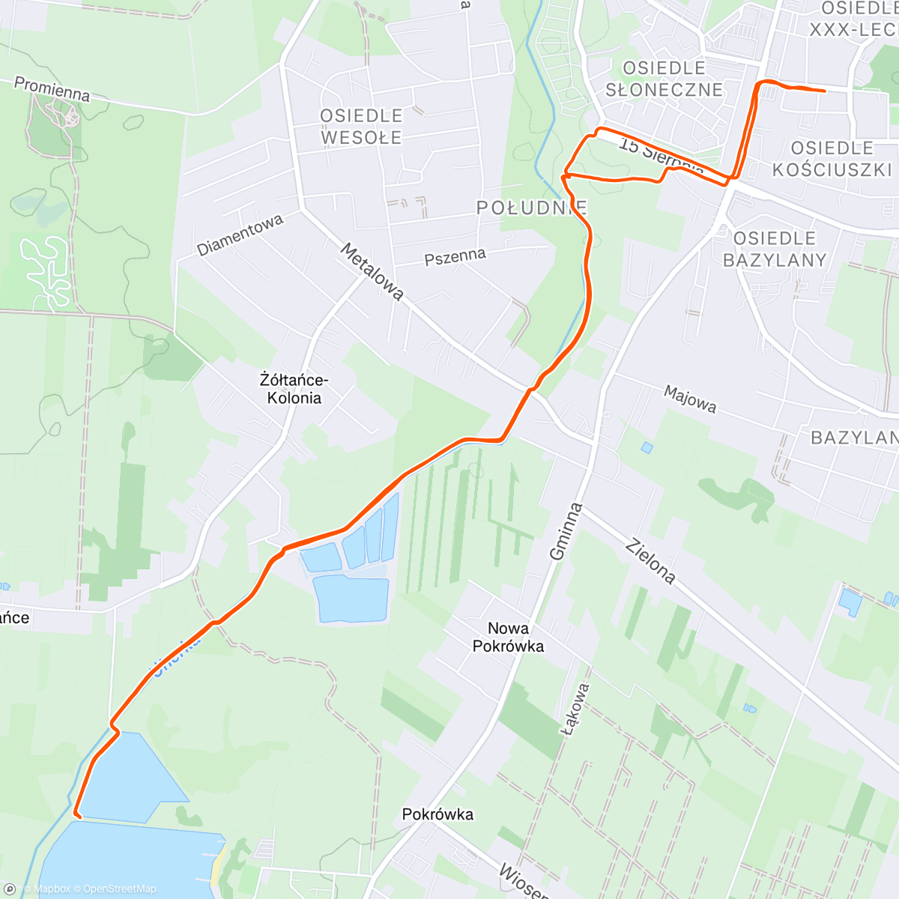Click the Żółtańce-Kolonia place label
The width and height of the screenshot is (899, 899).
coord(294,389)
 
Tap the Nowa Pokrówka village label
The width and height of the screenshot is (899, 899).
coord(508,637)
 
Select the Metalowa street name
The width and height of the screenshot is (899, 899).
coord(372,271)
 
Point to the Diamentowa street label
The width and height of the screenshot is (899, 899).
coord(240,234)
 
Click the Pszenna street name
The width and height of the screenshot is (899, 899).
coord(455,257)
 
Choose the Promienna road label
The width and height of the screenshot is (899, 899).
coord(52,88)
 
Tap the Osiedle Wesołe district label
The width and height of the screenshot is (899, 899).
coord(361,127)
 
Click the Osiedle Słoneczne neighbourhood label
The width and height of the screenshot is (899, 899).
coord(664,79)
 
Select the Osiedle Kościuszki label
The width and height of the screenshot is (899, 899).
coord(832,159)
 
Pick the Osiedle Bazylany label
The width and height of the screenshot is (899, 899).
coord(775,249)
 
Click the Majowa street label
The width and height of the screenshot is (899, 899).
coord(690,399)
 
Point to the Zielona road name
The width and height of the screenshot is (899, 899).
coord(650,560)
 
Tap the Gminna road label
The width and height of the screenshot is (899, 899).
coord(566,531)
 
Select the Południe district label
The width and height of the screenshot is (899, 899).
coord(532,208)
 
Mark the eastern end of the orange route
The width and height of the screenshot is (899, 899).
coord(824,91)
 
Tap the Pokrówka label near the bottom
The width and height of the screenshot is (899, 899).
coord(438,814)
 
